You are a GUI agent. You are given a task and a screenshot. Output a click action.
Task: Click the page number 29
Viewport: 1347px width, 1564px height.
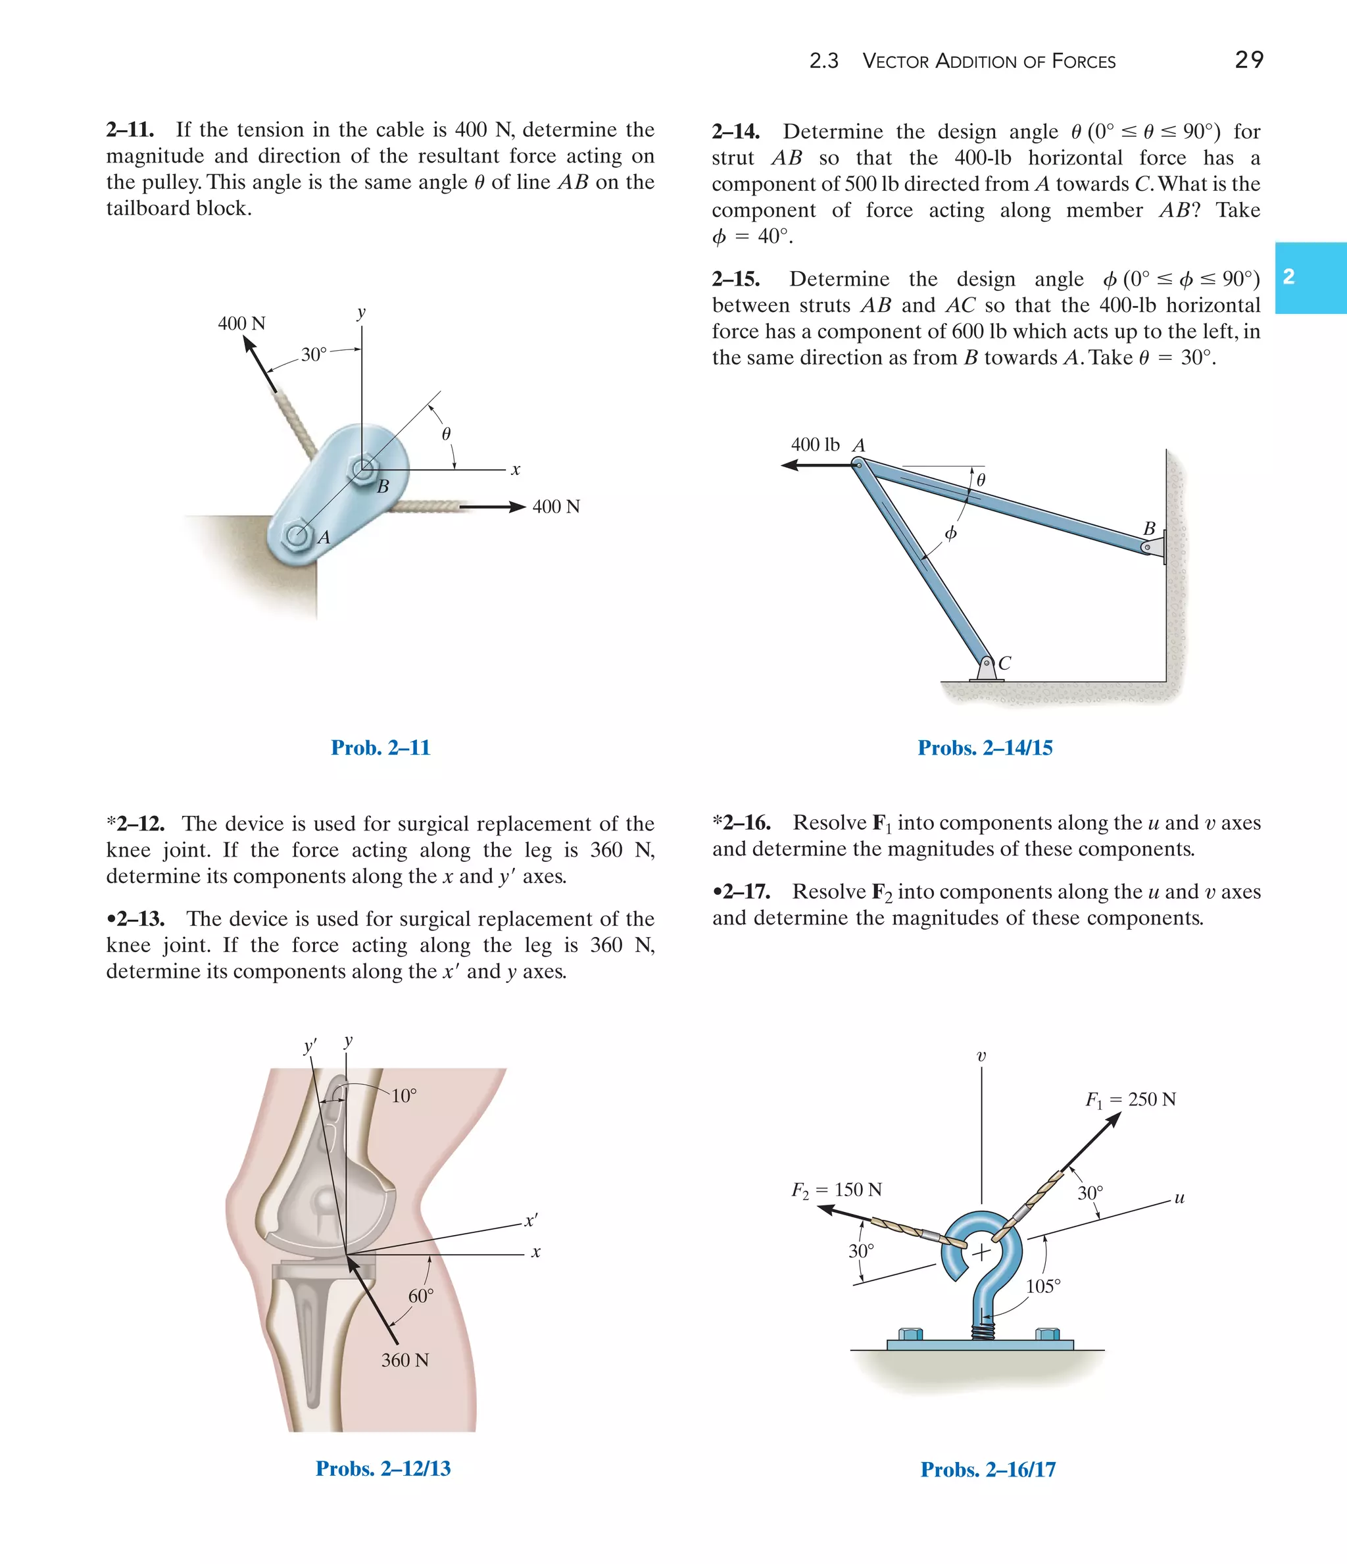1249,60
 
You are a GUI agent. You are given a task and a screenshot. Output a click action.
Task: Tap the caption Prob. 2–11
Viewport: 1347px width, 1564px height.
380,747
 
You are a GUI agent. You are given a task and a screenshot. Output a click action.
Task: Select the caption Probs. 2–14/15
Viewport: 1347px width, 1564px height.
985,747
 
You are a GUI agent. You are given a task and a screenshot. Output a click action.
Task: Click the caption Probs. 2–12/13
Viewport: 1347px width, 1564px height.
383,1468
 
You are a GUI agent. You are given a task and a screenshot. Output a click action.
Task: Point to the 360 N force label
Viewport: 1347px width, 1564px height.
404,1359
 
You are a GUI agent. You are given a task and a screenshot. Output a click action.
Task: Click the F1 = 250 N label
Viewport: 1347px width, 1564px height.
1130,1099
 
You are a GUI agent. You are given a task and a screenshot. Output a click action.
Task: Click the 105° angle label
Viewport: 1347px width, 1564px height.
1043,1286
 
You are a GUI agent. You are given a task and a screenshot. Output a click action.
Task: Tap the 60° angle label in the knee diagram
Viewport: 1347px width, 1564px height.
420,1296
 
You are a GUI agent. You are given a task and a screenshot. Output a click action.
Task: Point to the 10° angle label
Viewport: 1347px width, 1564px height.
404,1096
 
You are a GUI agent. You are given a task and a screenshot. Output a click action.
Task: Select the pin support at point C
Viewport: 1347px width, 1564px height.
987,668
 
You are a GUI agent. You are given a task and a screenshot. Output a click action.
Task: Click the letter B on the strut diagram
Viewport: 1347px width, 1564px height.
1149,528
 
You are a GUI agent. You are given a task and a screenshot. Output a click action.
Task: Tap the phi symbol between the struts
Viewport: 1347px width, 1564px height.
951,533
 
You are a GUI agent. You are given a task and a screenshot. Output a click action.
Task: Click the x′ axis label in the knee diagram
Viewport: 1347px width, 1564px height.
531,1221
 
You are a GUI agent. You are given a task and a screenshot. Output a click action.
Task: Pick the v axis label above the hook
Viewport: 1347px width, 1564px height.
981,1056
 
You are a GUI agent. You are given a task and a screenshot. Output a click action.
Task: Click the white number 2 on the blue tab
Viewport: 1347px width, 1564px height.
1289,276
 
